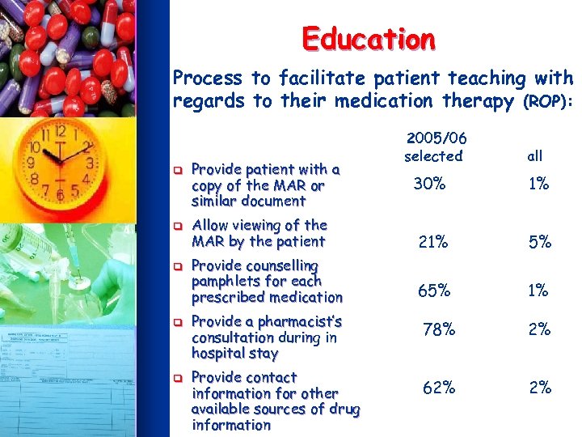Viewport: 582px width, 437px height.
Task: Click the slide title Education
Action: click(x=369, y=38)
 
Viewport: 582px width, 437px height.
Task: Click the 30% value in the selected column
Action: click(x=429, y=184)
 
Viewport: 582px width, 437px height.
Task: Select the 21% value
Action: click(x=432, y=241)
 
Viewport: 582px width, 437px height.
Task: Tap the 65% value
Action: click(x=433, y=290)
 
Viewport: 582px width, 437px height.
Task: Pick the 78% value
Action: click(x=439, y=329)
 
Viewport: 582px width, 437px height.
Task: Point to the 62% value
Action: click(x=439, y=388)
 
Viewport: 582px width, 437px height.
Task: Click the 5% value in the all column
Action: click(x=539, y=241)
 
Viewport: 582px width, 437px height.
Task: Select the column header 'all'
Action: click(x=534, y=155)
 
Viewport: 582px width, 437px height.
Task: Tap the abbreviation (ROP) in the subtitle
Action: click(x=549, y=102)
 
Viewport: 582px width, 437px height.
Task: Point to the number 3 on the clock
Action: click(x=91, y=163)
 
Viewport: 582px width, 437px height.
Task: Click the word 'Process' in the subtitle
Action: click(x=208, y=78)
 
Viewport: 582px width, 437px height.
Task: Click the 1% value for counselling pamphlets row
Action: click(x=538, y=290)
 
